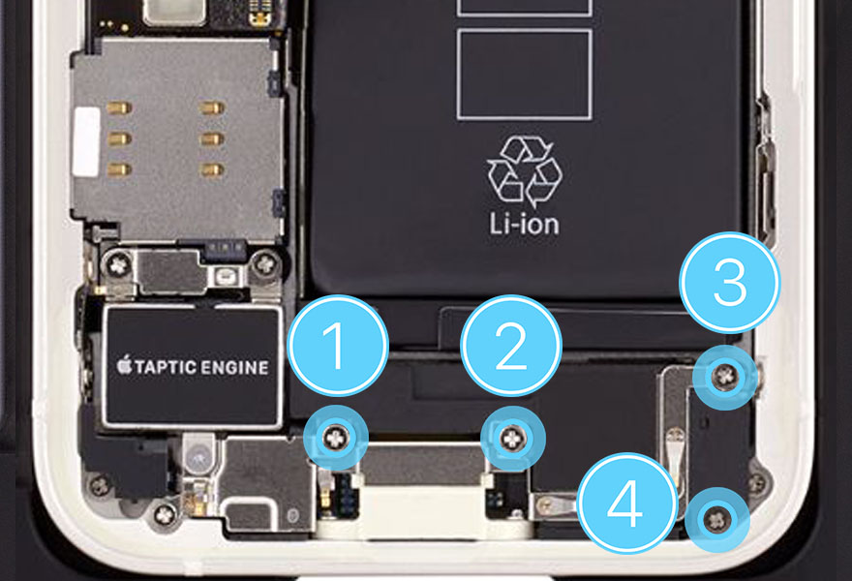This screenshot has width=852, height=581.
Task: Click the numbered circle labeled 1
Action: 338,346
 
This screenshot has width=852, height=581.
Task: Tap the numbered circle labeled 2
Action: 511,346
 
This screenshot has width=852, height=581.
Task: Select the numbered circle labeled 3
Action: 730,283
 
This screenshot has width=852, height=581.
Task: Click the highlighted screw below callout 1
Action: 337,437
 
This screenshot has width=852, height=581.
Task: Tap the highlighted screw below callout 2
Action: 512,438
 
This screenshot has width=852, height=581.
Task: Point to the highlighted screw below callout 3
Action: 725,376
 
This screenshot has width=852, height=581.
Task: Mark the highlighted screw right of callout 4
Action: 717,520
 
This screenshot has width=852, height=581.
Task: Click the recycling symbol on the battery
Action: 525,171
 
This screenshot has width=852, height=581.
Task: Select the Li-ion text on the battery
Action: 524,224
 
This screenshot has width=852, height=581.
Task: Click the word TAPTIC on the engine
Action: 166,367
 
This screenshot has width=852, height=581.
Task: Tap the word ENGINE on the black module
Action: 234,367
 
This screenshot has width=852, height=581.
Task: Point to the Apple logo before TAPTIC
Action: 125,364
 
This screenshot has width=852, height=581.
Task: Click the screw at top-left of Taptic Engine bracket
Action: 118,265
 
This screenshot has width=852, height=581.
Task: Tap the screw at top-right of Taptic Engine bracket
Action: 265,264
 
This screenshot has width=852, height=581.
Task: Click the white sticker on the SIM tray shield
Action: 86,141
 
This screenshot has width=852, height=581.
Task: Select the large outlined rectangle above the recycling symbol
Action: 525,75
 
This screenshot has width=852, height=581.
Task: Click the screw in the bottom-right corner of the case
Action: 756,481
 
